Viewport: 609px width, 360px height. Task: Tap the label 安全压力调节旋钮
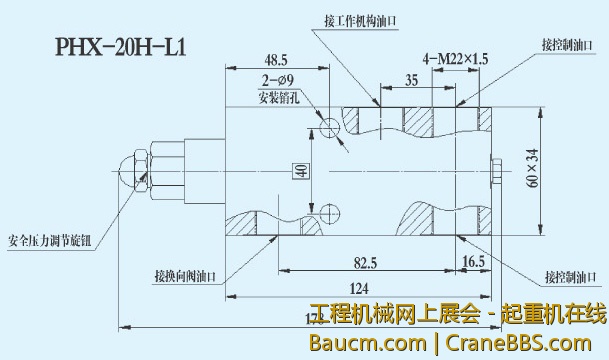[49, 240]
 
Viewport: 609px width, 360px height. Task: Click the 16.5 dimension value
[473, 262]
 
